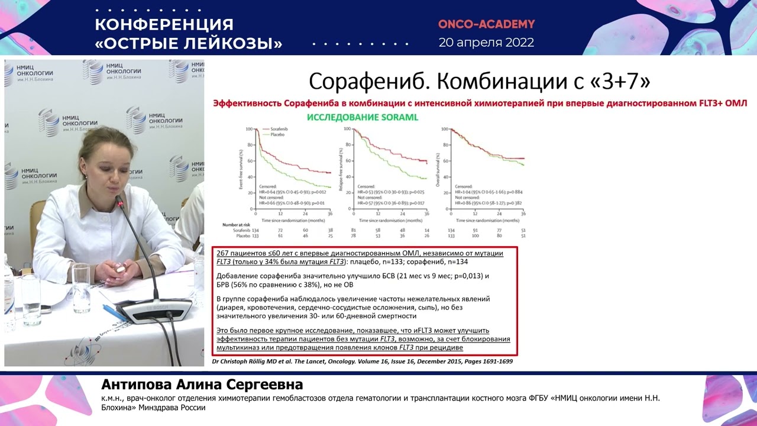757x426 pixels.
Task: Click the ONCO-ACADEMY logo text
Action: click(x=486, y=24)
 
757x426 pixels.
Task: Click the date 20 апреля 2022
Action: click(x=486, y=43)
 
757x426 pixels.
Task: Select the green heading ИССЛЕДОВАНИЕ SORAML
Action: click(x=362, y=117)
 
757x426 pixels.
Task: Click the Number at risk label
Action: click(x=238, y=225)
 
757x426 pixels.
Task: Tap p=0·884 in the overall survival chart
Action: click(x=510, y=192)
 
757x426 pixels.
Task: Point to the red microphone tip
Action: click(x=120, y=203)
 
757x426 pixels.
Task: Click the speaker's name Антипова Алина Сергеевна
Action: click(x=202, y=385)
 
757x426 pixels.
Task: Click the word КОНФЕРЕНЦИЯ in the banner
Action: click(x=164, y=24)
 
